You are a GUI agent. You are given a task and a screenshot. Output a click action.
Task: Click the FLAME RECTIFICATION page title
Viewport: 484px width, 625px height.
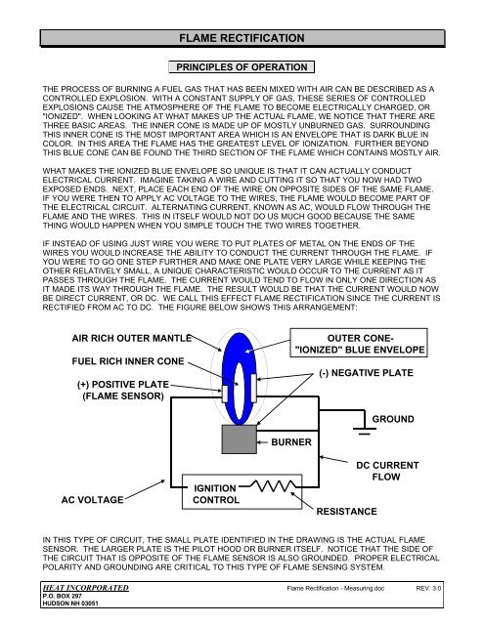point(242,38)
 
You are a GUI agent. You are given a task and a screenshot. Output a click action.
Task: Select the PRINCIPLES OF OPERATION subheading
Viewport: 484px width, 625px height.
point(242,67)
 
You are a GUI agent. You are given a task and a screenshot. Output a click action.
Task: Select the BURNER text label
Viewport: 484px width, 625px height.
point(292,441)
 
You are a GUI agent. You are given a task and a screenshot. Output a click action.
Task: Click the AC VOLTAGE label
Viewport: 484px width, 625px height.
point(104,500)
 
